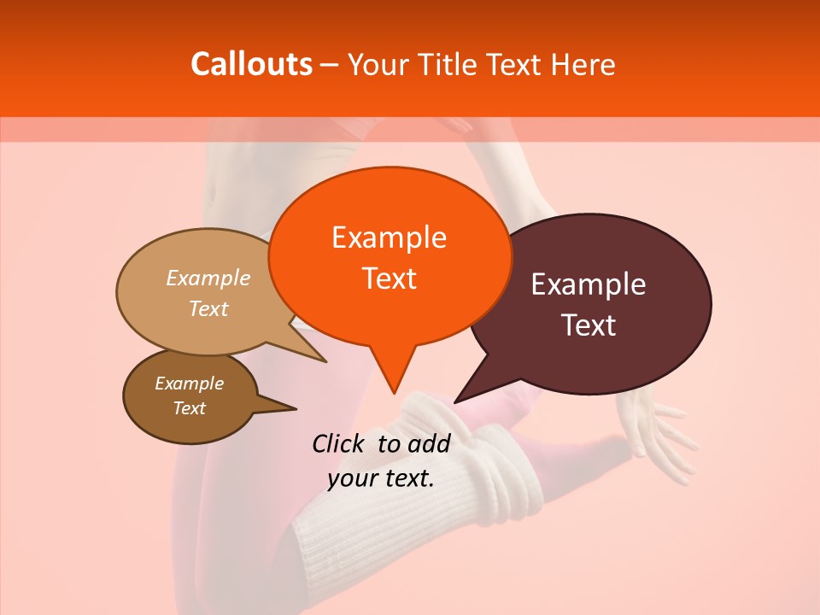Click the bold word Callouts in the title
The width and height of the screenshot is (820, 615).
point(252,64)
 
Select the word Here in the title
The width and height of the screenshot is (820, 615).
point(584,64)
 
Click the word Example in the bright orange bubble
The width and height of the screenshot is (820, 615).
point(389,237)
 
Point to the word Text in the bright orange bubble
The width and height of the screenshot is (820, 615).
point(389,278)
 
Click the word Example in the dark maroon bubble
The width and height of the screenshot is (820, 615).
point(589,284)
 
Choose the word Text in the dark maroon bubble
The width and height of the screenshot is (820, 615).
point(589,325)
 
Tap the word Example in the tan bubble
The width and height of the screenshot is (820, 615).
point(208,278)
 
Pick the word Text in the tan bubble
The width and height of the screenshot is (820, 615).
point(208,309)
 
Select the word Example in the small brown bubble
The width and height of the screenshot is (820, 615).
point(189,384)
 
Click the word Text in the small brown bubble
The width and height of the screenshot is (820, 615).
point(189,408)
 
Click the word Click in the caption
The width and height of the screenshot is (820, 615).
point(341,443)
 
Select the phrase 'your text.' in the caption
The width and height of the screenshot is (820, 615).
point(381,478)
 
